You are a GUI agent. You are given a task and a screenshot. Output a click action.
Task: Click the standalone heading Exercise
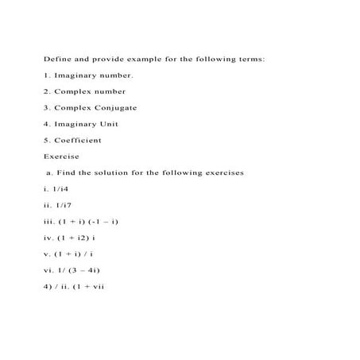(61, 157)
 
